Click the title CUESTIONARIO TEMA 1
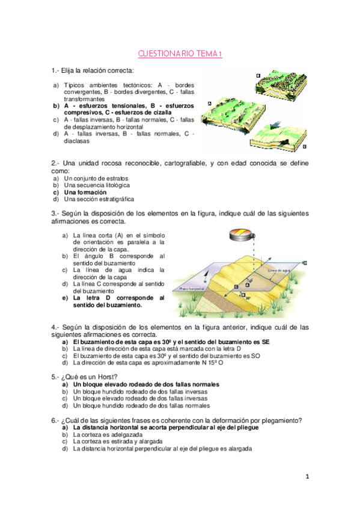coord(180,54)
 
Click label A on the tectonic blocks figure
coord(209,103)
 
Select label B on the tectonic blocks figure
coord(258,75)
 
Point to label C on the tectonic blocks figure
coord(305,146)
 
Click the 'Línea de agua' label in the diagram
coord(279,271)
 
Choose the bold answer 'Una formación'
coord(81,192)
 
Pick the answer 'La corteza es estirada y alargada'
coord(118,441)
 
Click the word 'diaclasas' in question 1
coord(77,142)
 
